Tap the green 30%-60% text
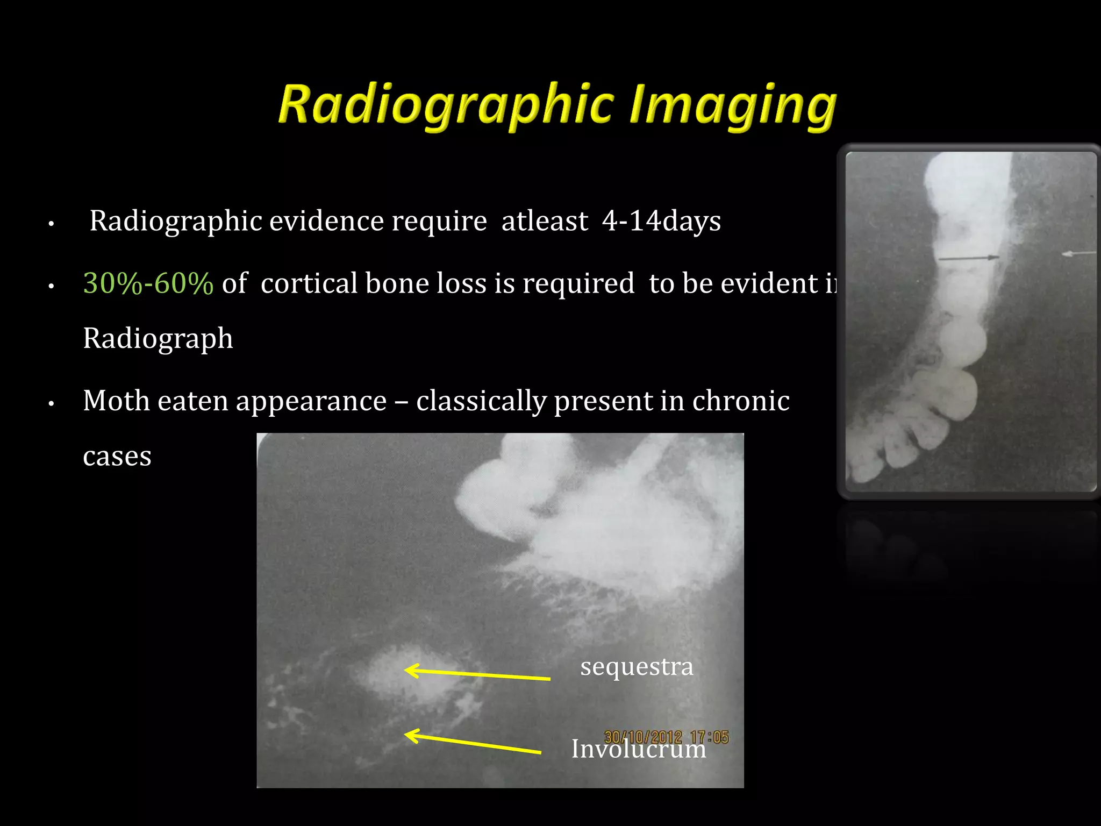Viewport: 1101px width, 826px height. pyautogui.click(x=148, y=283)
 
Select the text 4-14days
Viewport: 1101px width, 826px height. pyautogui.click(x=661, y=221)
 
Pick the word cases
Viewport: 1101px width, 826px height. pyautogui.click(x=117, y=457)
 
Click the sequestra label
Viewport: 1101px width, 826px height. pyautogui.click(x=637, y=667)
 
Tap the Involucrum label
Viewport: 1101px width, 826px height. pyautogui.click(x=639, y=749)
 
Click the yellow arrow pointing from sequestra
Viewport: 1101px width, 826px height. pyautogui.click(x=477, y=674)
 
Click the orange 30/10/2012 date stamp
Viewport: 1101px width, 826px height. pyautogui.click(x=643, y=737)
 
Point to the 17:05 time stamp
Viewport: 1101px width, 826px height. pyautogui.click(x=710, y=737)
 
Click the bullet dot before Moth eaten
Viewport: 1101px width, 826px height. pyautogui.click(x=52, y=403)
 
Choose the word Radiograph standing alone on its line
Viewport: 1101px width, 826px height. pyautogui.click(x=158, y=339)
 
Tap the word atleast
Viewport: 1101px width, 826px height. pyautogui.click(x=545, y=221)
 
